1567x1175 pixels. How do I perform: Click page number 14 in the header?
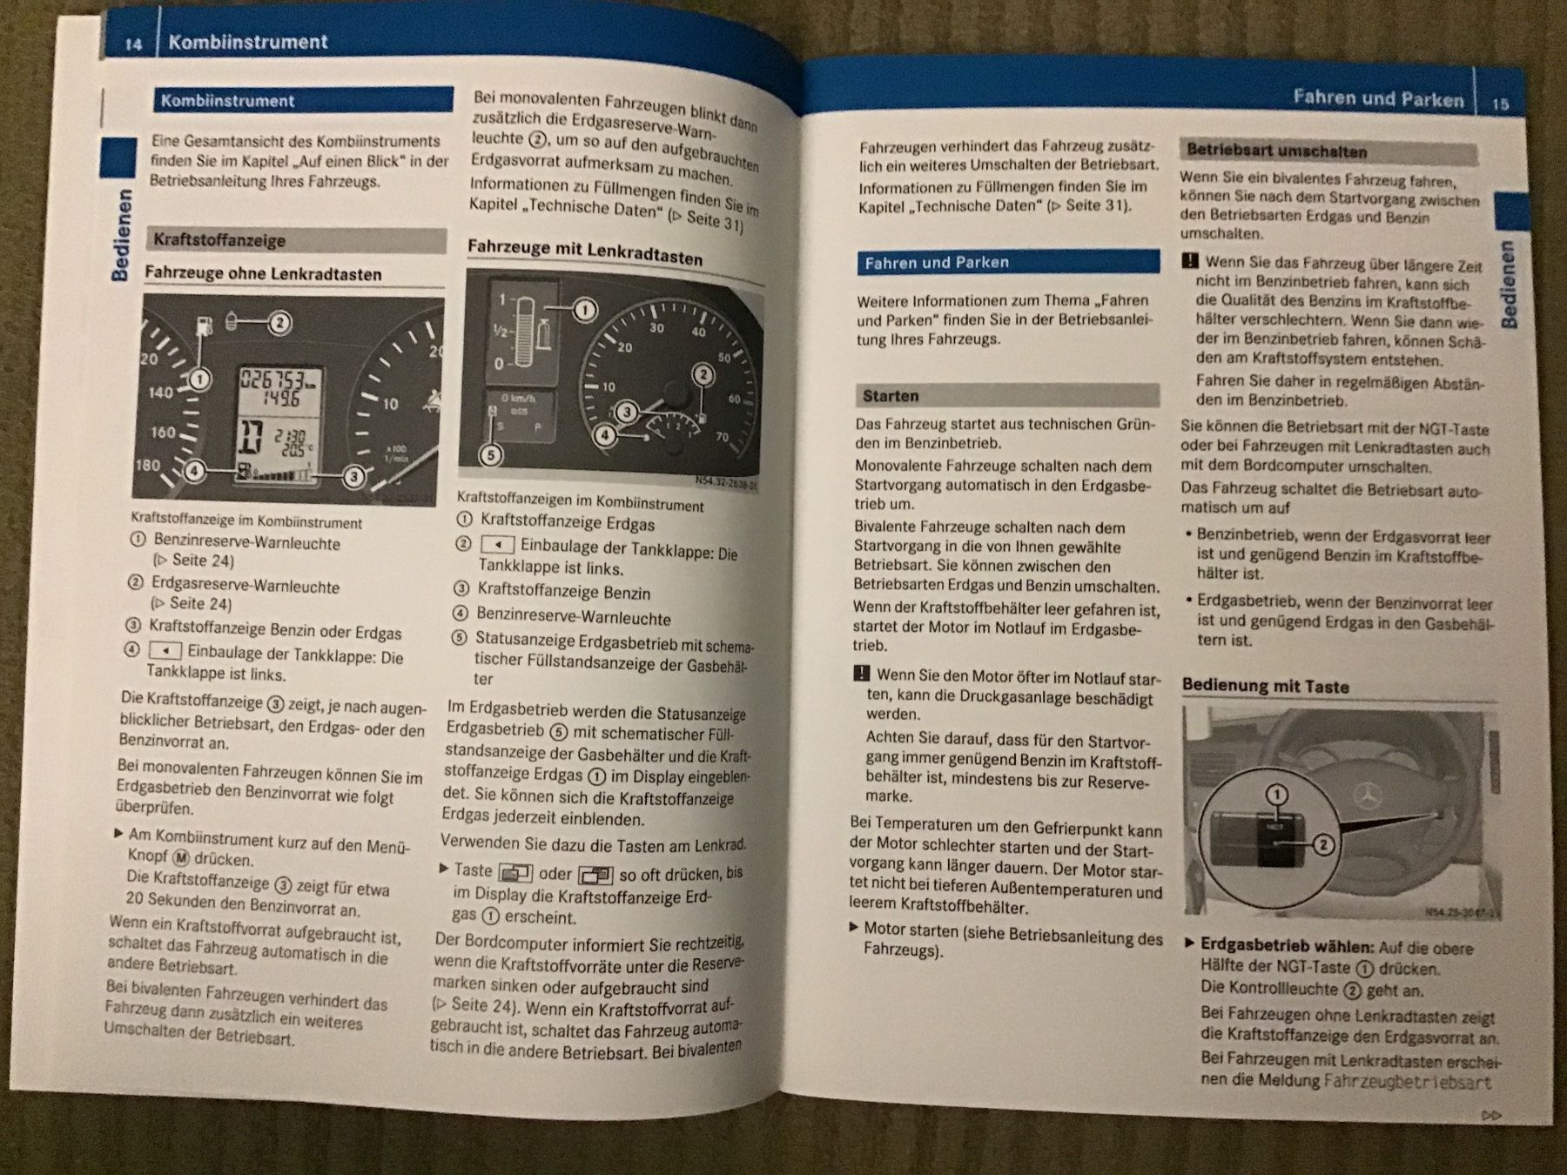pos(133,44)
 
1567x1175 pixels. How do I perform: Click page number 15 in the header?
pos(1500,104)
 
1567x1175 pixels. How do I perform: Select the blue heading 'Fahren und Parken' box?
pos(1008,262)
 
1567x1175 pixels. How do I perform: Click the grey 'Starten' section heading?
pos(1008,396)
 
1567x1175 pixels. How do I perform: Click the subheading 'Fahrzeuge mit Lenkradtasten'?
pos(585,252)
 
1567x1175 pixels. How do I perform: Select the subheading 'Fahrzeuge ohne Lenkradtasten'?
pos(263,273)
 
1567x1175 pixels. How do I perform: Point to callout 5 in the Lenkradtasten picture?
pos(491,454)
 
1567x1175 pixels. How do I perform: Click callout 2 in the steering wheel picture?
pos(1323,844)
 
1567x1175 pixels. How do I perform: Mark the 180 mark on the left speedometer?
pos(147,465)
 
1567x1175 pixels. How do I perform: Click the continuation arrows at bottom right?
pos(1491,1115)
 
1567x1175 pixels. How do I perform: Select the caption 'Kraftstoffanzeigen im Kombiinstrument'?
pos(581,502)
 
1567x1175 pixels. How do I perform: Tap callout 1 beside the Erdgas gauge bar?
pos(585,310)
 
